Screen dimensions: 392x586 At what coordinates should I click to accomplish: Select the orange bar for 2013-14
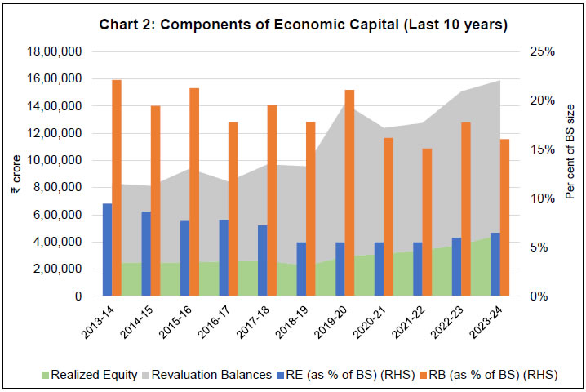[x=117, y=188]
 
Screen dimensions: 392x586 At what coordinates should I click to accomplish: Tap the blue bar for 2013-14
[x=107, y=250]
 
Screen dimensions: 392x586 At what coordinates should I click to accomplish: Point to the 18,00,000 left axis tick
[x=61, y=51]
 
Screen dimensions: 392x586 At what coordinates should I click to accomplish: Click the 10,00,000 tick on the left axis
[x=61, y=160]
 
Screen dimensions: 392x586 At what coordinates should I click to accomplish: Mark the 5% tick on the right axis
[x=539, y=247]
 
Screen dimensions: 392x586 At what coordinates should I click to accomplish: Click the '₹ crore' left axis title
[x=14, y=175]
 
